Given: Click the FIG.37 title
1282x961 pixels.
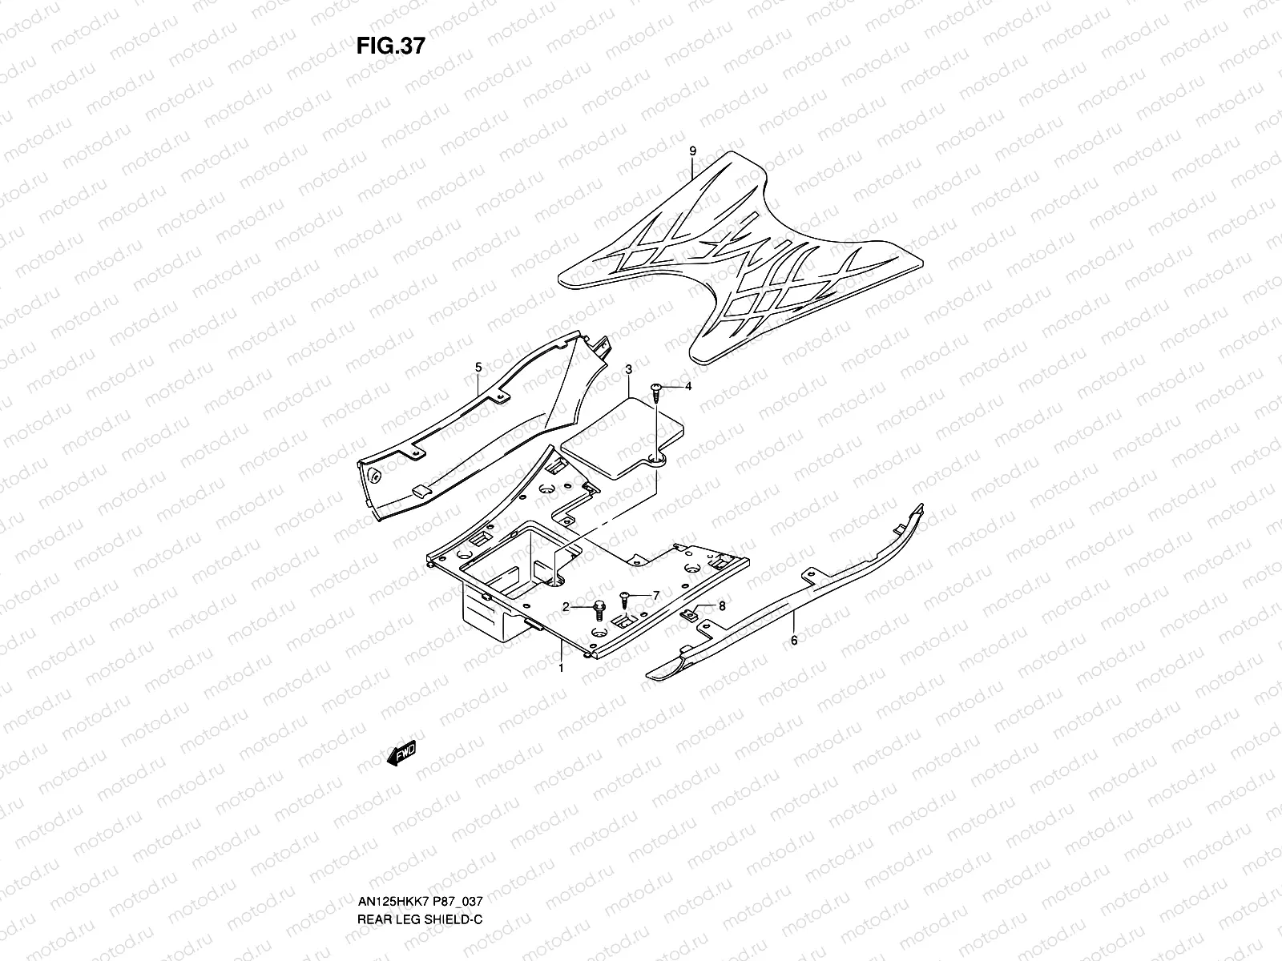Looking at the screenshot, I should coord(390,46).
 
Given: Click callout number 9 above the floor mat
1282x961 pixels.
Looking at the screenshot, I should coord(692,151).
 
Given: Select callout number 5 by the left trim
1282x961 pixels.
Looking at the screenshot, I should coord(478,367).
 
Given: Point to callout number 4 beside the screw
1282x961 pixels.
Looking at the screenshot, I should coord(687,387).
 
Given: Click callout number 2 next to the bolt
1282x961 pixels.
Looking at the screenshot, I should coord(565,608).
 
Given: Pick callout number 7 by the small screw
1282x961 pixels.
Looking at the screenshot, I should coord(655,595).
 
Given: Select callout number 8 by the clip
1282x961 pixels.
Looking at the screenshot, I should coord(721,606).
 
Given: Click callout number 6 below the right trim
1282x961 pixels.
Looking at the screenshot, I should coord(793,640).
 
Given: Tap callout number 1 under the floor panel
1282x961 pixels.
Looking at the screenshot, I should coord(561,667).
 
